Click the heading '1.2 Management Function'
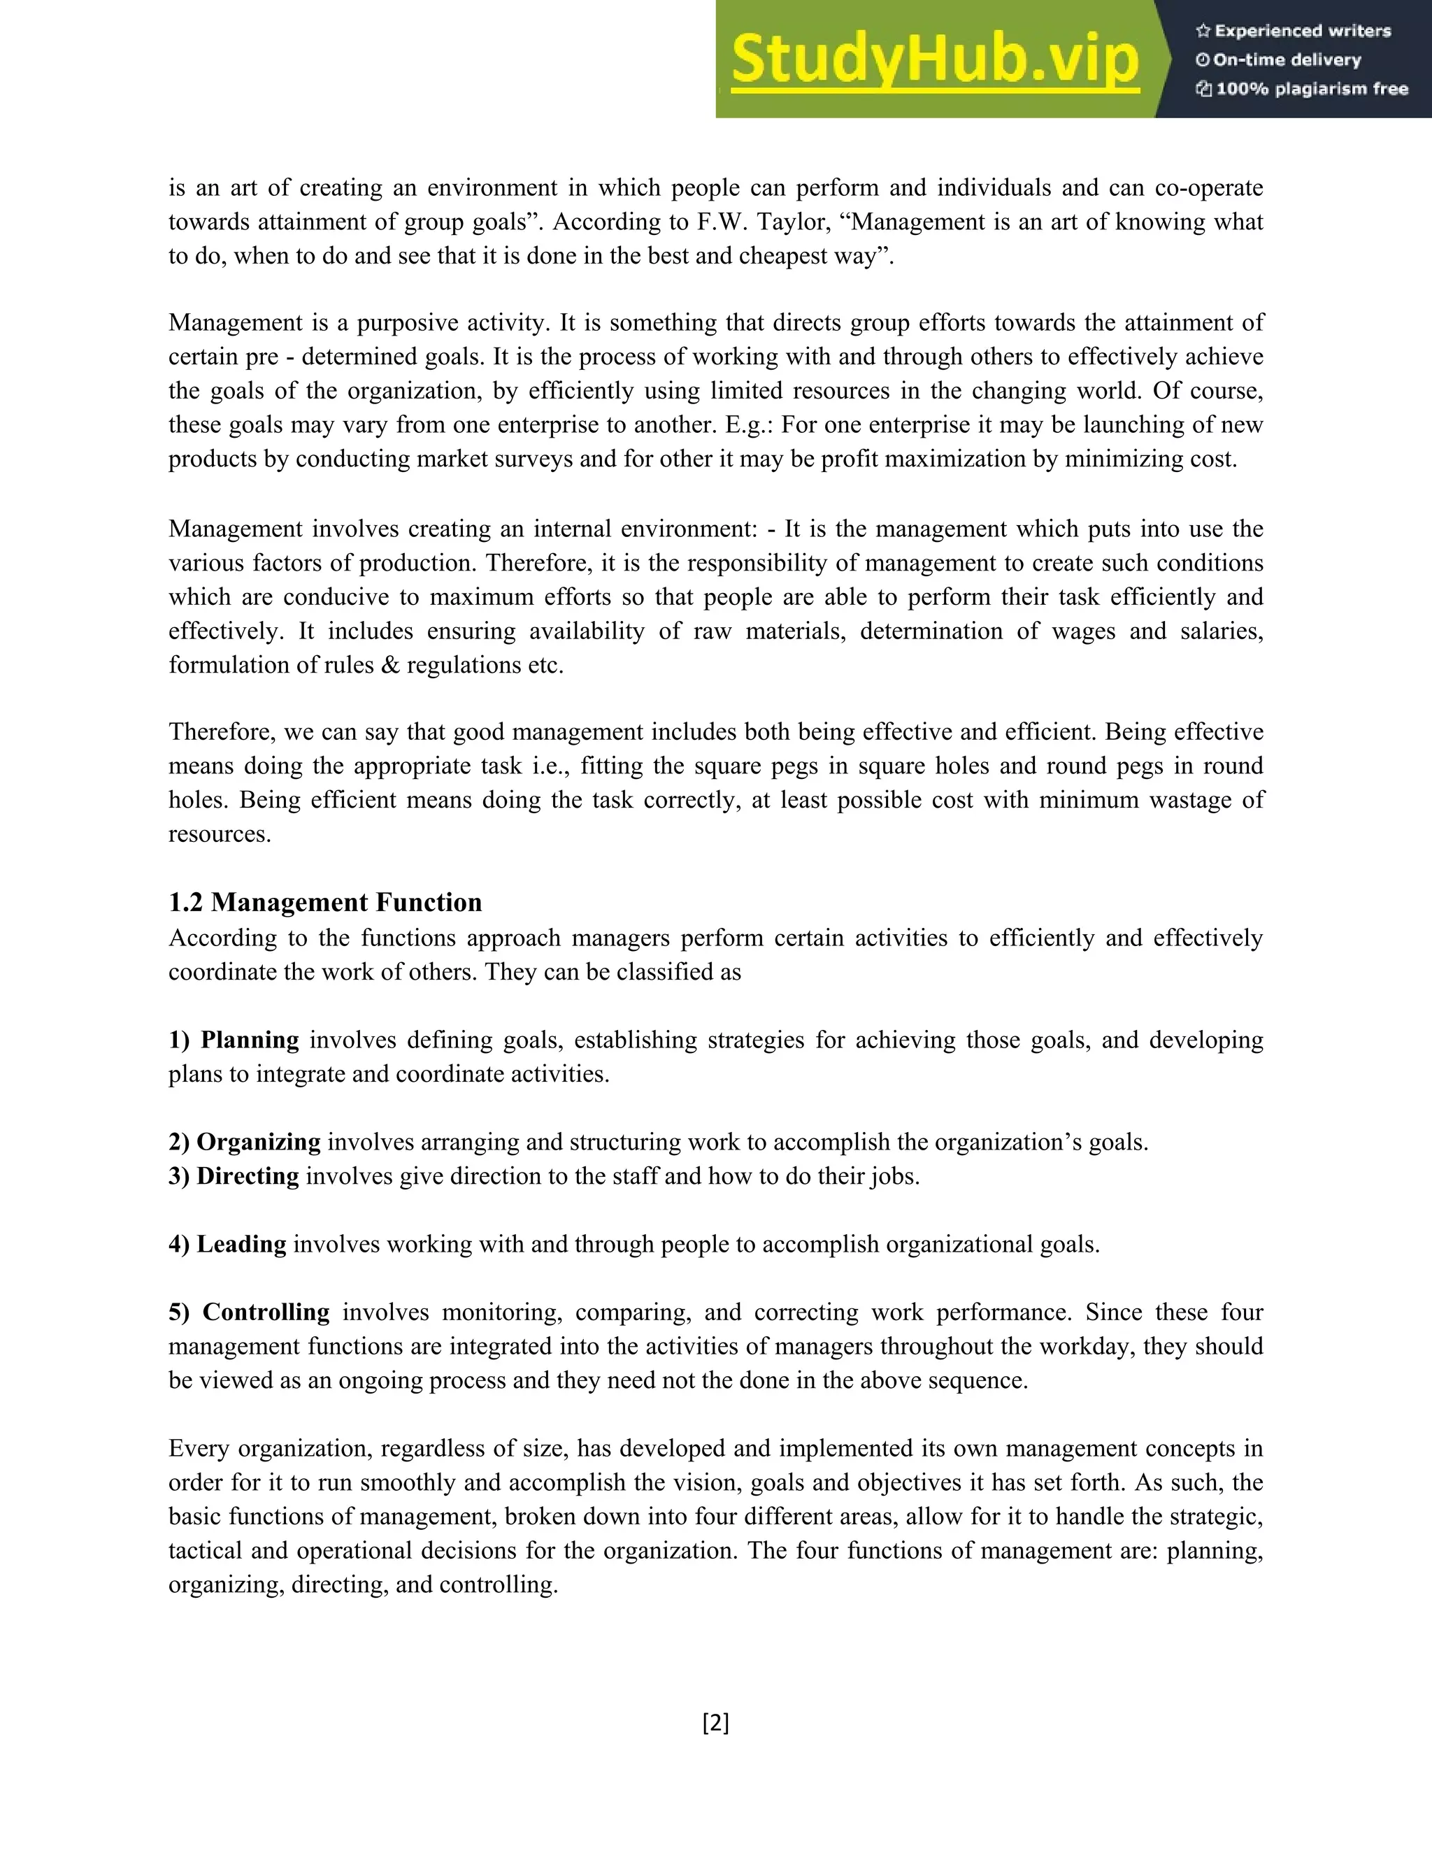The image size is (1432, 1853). pyautogui.click(x=325, y=902)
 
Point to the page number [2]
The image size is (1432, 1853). pyautogui.click(x=715, y=1723)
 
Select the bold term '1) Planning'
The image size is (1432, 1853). pyautogui.click(x=234, y=1040)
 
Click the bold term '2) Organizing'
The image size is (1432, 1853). pyautogui.click(x=244, y=1142)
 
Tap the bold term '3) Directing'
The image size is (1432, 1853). pyautogui.click(x=234, y=1176)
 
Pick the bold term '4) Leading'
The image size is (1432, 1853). pyautogui.click(x=227, y=1244)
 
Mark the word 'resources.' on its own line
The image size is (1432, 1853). pyautogui.click(x=220, y=834)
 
